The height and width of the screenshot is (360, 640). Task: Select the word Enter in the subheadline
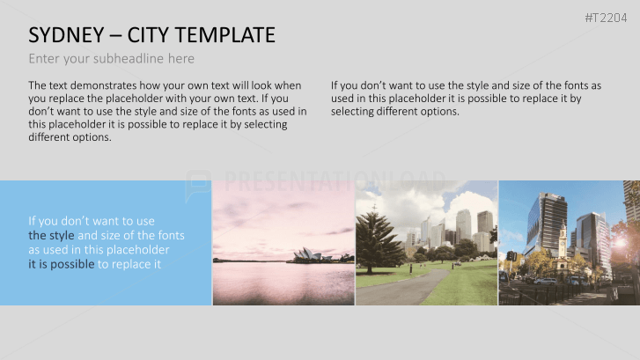click(45, 59)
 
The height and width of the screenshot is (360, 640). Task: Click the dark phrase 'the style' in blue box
click(51, 236)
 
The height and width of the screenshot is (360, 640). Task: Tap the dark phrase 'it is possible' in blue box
click(61, 264)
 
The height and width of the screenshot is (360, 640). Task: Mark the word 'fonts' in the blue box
click(167, 236)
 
